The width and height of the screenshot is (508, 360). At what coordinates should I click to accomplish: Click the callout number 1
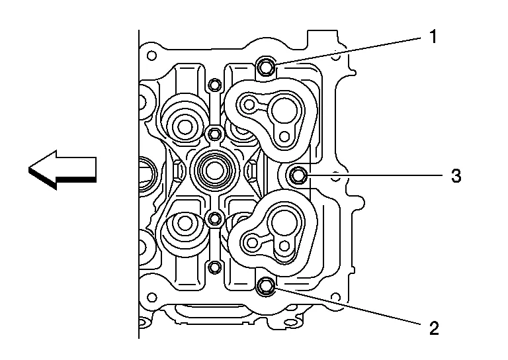(433, 36)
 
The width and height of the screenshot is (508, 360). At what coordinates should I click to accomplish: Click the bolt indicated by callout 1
(266, 66)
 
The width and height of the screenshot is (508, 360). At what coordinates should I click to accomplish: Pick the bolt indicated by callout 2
(266, 286)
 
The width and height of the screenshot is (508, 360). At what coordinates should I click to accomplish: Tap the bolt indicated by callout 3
(299, 175)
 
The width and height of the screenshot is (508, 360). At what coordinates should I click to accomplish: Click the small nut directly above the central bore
(214, 134)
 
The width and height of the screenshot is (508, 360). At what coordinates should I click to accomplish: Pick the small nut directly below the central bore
(214, 218)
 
